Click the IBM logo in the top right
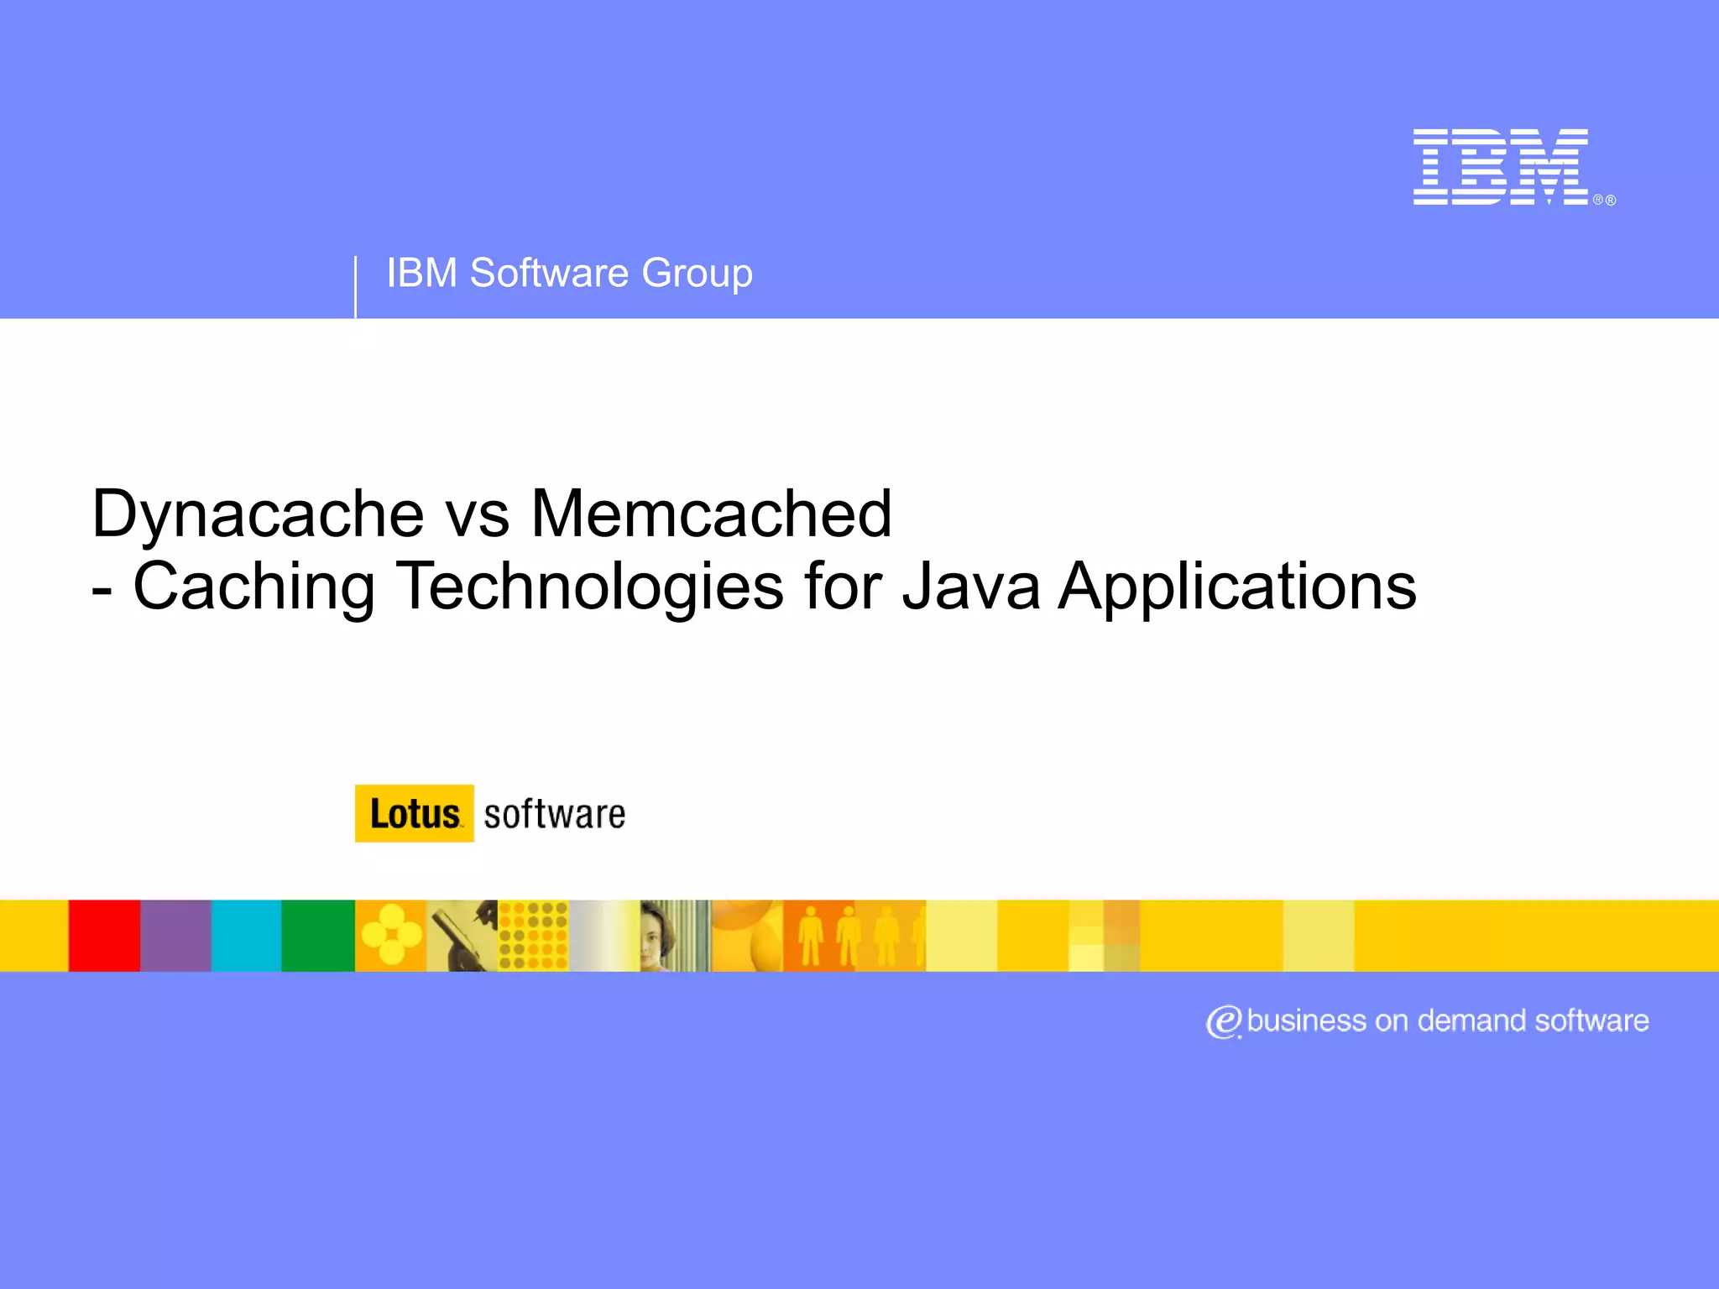[x=1500, y=166]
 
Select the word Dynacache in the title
[x=258, y=513]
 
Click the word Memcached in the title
[x=711, y=513]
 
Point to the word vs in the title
[x=477, y=514]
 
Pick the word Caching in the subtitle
[x=253, y=587]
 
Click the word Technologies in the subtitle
[x=589, y=587]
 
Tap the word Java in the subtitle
[x=970, y=587]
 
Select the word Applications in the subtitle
[x=1237, y=587]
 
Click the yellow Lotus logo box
[x=415, y=813]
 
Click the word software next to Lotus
[x=555, y=814]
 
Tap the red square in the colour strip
[x=104, y=936]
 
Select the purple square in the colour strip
[x=175, y=936]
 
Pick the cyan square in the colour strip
[x=246, y=936]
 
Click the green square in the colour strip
[x=318, y=936]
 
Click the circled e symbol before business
[x=1224, y=1021]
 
